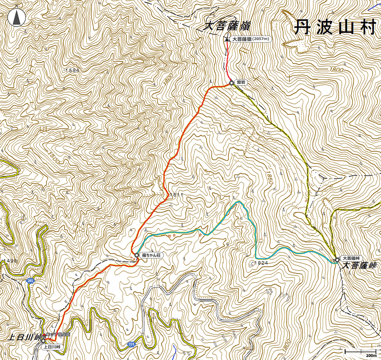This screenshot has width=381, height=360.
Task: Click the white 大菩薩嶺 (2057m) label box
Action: coord(251,39)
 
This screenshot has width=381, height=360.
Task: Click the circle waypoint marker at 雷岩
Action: coord(232,83)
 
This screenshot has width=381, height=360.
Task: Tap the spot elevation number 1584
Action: coord(72,70)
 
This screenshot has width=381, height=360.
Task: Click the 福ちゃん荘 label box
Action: coord(152,255)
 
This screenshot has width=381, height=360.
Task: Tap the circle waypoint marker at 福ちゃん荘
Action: coord(137,255)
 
